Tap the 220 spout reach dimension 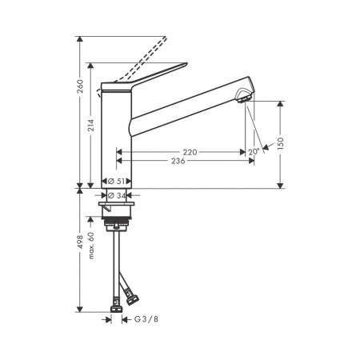tap(189, 151)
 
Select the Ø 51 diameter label tap(118, 181)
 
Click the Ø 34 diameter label tap(118, 194)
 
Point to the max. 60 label tap(94, 246)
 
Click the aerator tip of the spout tap(244, 98)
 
